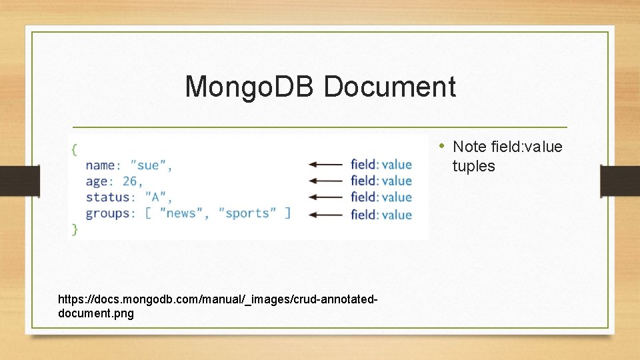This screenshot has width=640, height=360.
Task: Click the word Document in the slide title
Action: [x=390, y=87]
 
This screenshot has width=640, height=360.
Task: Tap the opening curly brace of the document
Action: [x=74, y=149]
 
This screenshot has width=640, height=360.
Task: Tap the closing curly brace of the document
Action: [x=74, y=229]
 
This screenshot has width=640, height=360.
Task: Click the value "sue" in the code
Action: [x=151, y=165]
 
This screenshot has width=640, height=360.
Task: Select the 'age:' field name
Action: [x=101, y=181]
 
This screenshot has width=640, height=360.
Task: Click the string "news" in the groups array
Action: [x=181, y=213]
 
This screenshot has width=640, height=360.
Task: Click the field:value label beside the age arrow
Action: [x=381, y=181]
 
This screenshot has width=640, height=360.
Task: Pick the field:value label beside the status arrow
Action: [x=381, y=197]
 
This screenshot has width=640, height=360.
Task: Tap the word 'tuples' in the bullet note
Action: [x=473, y=166]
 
